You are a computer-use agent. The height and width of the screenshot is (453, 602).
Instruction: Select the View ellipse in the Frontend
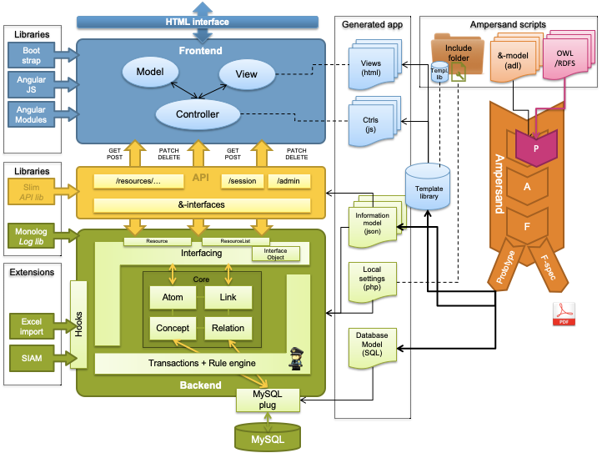coord(247,74)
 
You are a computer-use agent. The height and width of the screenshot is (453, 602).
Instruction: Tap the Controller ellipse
coord(198,114)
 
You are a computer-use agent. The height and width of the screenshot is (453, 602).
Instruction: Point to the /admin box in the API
coord(288,180)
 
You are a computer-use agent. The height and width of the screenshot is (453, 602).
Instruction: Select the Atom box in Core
coord(173,297)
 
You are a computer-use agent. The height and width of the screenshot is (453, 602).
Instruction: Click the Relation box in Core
coord(228,328)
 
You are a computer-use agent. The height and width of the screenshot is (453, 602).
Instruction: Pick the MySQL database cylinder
coord(267,436)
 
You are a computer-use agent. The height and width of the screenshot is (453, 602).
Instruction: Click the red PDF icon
coord(564,314)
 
